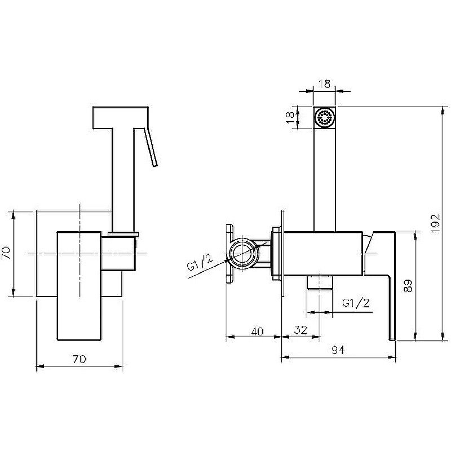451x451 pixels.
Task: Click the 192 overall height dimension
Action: click(436, 223)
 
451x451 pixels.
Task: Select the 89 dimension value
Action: click(408, 286)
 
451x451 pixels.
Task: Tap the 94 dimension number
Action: click(338, 350)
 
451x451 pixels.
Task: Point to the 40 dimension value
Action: click(257, 331)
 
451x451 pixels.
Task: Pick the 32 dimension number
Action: click(300, 330)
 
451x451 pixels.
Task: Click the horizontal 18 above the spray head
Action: click(324, 84)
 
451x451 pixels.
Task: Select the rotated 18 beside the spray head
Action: click(291, 118)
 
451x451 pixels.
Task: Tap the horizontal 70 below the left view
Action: click(79, 359)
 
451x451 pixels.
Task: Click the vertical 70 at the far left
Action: click(6, 253)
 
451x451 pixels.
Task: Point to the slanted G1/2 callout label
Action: click(200, 263)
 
